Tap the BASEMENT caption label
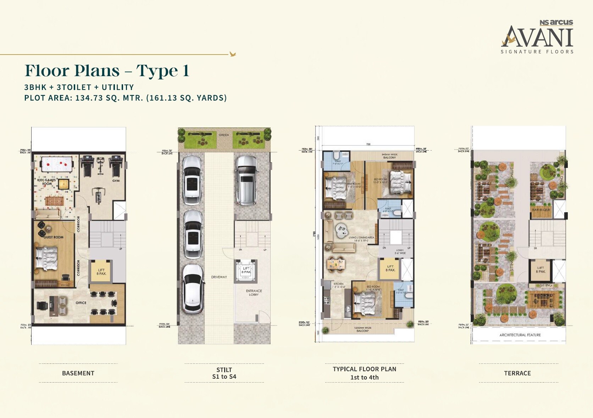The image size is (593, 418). coord(78,373)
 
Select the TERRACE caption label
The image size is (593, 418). coord(517,373)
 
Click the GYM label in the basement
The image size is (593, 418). coord(116,181)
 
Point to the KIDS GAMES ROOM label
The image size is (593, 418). coord(46,182)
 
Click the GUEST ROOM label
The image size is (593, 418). coord(54,237)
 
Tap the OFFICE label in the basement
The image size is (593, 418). coord(81,303)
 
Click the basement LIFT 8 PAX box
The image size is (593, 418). coord(101,272)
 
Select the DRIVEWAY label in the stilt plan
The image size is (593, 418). coord(219,277)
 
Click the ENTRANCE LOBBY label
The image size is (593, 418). coord(254,293)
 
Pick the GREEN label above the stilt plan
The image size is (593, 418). coord(223,135)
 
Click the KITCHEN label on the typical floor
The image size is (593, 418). coord(338,284)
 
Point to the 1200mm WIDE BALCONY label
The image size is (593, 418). coord(362,329)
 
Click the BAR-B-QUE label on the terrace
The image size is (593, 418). coord(541,210)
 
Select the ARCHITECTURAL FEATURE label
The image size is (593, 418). coord(520,335)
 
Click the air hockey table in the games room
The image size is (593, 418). coord(57,164)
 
